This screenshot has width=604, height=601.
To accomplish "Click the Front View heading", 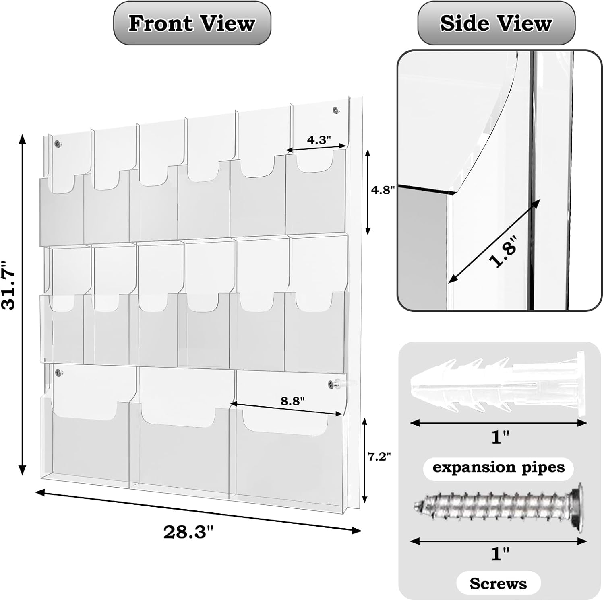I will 192,23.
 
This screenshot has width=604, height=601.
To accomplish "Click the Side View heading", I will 496,23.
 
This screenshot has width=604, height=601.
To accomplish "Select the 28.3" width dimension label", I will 188,532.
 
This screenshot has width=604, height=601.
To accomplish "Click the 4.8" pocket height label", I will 381,190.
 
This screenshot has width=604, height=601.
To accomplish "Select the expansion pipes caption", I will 499,467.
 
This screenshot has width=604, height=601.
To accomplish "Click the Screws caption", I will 498,583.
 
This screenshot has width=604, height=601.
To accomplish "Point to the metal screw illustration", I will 499,504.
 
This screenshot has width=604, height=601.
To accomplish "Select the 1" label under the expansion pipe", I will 498,437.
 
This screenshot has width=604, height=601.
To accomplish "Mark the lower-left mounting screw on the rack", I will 58,372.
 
